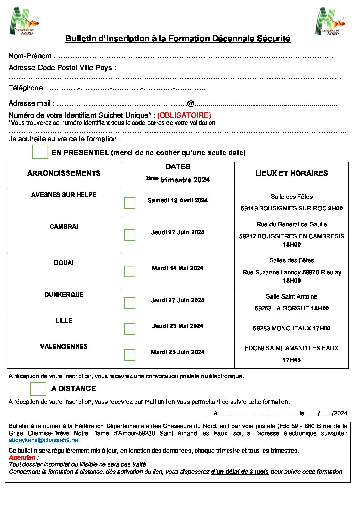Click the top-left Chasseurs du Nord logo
tap(24, 21)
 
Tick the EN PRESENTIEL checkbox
tap(40, 152)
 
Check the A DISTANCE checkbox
tap(38, 389)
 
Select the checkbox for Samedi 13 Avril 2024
tap(130, 203)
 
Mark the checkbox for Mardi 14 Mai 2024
tap(130, 271)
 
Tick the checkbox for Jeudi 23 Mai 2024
tap(130, 328)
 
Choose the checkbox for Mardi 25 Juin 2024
tap(130, 355)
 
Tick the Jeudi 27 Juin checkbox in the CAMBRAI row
tap(130, 235)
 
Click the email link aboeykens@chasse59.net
tap(44, 440)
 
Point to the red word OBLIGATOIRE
tap(184, 115)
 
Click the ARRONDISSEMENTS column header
tap(64, 173)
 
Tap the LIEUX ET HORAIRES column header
tap(292, 173)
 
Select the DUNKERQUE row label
tap(64, 295)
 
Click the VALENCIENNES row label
tap(64, 346)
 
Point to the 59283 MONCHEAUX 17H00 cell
tap(292, 328)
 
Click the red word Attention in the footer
tap(22, 458)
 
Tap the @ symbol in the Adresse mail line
tap(191, 103)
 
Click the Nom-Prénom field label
tap(30, 56)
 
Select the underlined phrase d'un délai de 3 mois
tap(240, 472)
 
